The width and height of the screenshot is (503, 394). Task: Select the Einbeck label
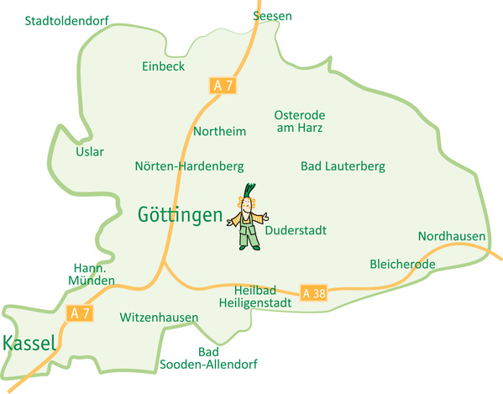coord(163,66)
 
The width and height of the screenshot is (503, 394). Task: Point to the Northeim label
coord(219,132)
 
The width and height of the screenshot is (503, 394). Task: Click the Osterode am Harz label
coord(299,122)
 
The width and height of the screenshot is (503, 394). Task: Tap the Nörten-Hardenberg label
coord(189,166)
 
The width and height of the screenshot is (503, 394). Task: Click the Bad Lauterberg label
coord(343,166)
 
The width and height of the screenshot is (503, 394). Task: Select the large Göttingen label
coord(180,215)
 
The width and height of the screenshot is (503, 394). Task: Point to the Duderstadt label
coord(296,230)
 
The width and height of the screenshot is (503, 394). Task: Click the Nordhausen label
coord(452,236)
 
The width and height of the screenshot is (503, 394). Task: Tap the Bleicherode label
coord(402,265)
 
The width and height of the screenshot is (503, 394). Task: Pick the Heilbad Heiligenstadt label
coord(255,295)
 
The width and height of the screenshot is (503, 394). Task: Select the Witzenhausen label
coord(159,318)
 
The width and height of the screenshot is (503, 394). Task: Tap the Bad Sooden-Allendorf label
coord(208,358)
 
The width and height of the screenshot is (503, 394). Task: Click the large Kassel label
coord(29,343)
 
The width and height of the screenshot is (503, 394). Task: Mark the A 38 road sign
coord(313,292)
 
